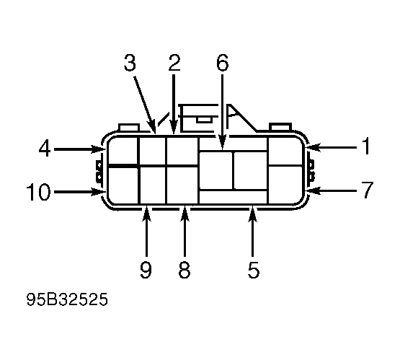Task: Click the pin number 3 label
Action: (x=130, y=63)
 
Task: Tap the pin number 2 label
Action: (x=174, y=63)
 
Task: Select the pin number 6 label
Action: (x=223, y=63)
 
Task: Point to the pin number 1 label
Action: (x=366, y=146)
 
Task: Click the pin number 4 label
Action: (x=45, y=148)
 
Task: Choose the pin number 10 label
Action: (x=38, y=192)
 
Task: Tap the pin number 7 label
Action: (x=368, y=190)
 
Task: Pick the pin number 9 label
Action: (x=146, y=270)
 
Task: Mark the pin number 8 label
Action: (x=185, y=270)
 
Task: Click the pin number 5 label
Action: (x=254, y=270)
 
